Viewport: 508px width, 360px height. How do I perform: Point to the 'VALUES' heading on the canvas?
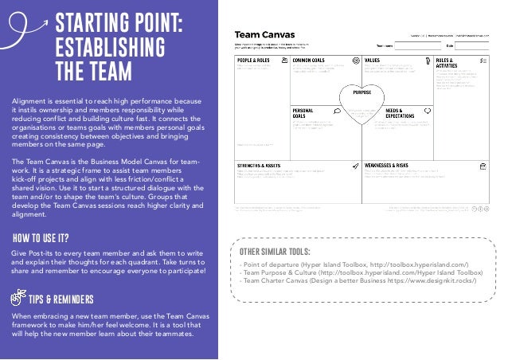[x=373, y=60]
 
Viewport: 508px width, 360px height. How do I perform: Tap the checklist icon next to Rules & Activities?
[x=483, y=60]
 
